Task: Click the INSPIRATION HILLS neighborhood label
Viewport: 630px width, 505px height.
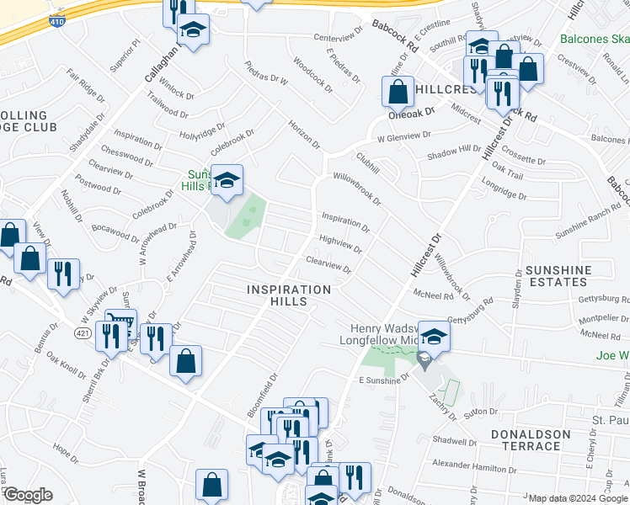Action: coord(289,290)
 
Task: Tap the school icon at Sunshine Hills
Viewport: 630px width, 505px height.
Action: coord(227,180)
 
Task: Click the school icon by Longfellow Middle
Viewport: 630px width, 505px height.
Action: coord(434,336)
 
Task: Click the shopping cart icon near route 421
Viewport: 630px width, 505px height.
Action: coord(120,323)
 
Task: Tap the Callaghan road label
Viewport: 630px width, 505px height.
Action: coord(163,62)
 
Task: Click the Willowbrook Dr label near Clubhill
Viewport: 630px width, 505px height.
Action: coord(356,189)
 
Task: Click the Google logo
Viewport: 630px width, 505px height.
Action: coord(28,495)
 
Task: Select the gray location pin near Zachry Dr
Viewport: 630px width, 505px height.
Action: coord(424,361)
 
